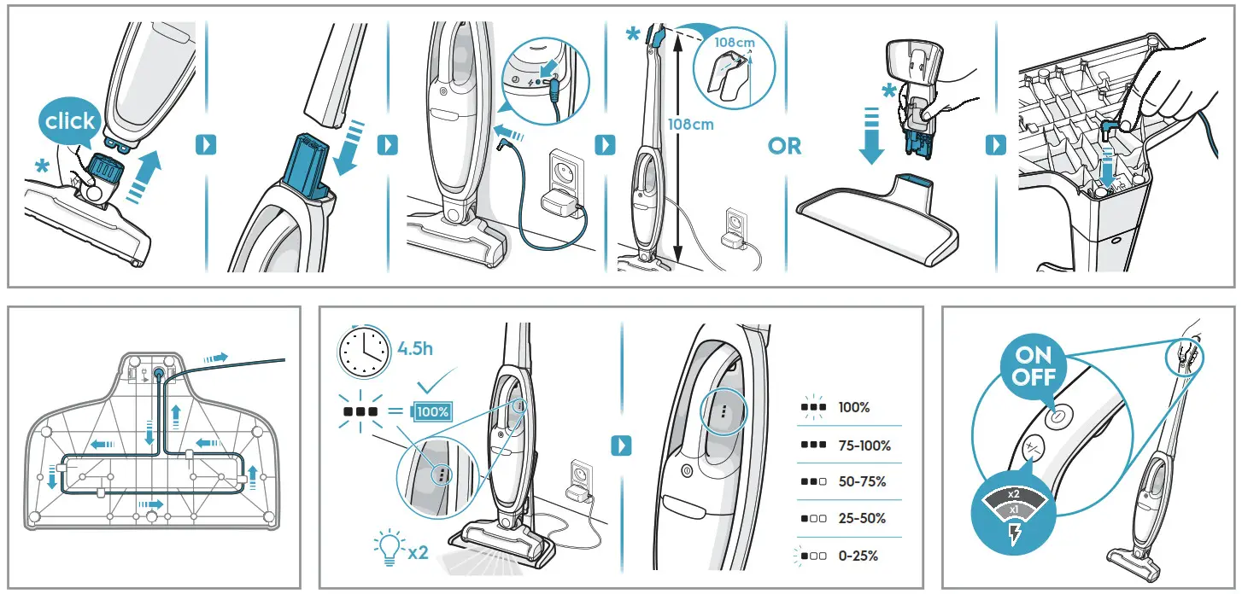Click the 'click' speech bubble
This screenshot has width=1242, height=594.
[x=71, y=122]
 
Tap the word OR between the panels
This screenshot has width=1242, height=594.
[x=784, y=146]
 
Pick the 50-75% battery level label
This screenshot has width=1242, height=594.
[x=862, y=481]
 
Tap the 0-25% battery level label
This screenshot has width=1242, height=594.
[x=858, y=556]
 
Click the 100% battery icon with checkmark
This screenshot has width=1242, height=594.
[x=431, y=411]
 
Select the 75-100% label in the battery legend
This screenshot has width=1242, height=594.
[x=864, y=445]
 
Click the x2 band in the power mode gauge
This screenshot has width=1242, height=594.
[x=1013, y=494]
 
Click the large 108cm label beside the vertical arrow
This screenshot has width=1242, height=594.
[x=690, y=124]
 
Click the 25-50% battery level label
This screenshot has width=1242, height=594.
[x=862, y=518]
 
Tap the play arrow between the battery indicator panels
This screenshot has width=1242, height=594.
[x=622, y=445]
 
